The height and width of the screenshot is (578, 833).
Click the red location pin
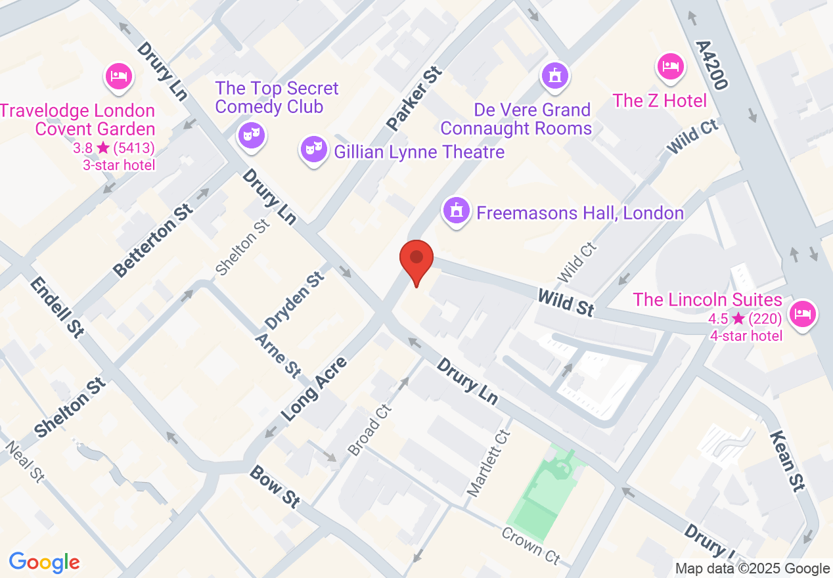pos(416,259)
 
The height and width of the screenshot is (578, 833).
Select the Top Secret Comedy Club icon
pos(251,135)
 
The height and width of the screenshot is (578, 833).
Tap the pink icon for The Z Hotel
pos(670,66)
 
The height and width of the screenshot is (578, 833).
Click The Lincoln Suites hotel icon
pos(802,314)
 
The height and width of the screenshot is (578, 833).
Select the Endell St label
pos(57,307)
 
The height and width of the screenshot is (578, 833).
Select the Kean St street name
pos(786,461)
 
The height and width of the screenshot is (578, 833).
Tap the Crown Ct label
pos(531,545)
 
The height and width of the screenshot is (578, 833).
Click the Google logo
pos(44,562)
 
